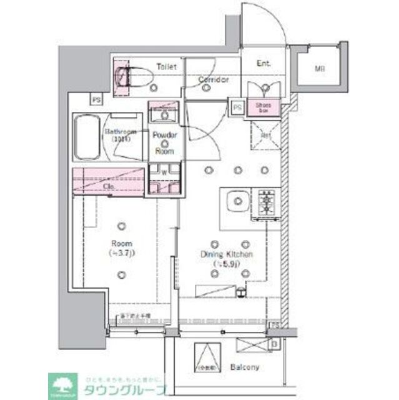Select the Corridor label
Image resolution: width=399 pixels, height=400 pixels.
coord(214,80)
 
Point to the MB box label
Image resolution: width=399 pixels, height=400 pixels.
coord(319,67)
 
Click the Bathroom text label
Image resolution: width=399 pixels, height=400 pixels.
coord(121,132)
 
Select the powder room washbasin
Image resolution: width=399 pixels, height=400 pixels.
coord(165,114)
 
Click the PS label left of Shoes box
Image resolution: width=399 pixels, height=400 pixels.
coord(237,107)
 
